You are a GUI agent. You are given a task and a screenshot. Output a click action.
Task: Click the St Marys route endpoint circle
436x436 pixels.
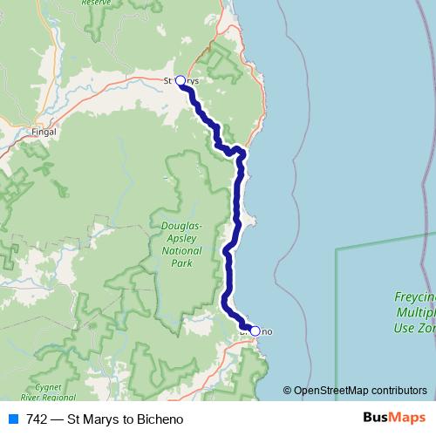click(181, 81)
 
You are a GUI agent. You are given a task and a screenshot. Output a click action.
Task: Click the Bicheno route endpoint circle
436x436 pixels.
click(255, 330)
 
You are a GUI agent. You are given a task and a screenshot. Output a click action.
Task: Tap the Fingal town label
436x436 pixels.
click(43, 133)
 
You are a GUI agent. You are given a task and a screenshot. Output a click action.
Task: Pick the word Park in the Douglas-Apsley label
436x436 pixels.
click(182, 262)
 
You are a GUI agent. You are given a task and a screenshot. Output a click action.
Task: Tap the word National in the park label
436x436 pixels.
click(182, 249)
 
